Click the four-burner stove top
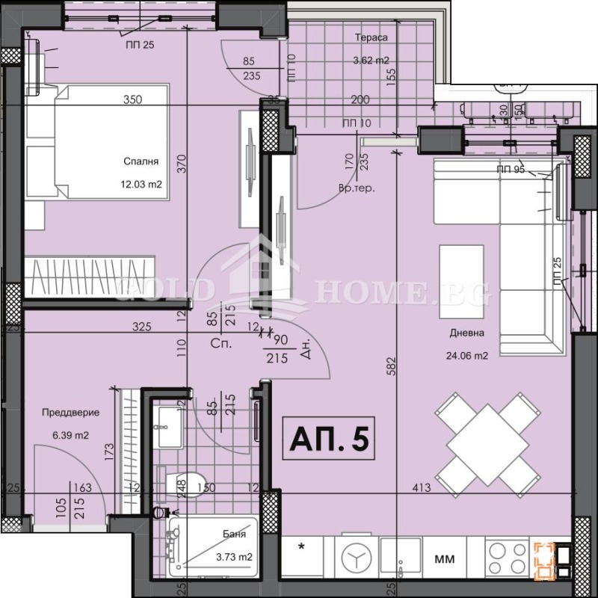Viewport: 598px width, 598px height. click(x=506, y=557)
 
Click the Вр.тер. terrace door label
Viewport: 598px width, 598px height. click(x=357, y=188)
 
